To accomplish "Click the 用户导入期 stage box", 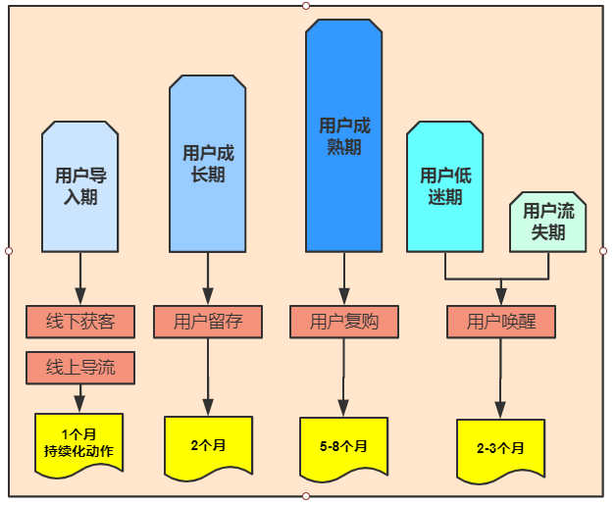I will tap(80, 186).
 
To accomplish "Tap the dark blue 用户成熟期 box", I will tap(343, 136).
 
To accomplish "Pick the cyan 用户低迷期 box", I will tap(444, 186).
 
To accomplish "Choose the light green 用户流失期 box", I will tap(547, 222).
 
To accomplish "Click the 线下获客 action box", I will tap(80, 321).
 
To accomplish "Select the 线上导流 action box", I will tap(80, 368).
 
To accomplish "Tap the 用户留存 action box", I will tap(207, 321).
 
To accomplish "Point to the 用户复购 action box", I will tap(343, 321).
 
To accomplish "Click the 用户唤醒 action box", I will tap(501, 321).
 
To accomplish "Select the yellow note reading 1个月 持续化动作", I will tap(79, 443).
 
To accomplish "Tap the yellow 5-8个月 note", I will tap(343, 446).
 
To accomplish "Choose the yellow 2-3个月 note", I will tap(500, 448).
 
